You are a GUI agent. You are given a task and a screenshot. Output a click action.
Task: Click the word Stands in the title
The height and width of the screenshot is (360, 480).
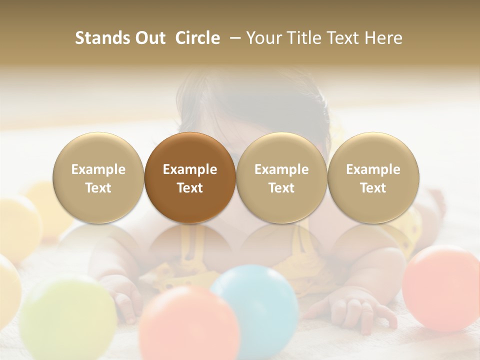coord(100,38)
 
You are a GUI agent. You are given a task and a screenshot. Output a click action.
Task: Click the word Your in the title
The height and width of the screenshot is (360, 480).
coord(263,38)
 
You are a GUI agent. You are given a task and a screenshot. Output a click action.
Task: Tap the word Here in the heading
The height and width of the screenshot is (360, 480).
coord(383,38)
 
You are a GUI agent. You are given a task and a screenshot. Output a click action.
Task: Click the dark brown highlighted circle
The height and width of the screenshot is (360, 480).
coord(190,178)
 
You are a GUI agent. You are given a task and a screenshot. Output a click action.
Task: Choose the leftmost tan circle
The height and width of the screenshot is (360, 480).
coord(98,178)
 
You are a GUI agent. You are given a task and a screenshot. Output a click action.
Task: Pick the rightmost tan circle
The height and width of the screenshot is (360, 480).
coord(373,178)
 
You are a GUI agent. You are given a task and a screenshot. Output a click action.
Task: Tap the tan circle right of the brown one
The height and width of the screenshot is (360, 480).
coord(281,178)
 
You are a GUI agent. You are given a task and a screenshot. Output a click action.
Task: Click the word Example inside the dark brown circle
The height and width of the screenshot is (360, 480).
coord(190,169)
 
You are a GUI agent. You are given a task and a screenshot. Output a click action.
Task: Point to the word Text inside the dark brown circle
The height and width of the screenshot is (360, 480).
coord(190,188)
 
